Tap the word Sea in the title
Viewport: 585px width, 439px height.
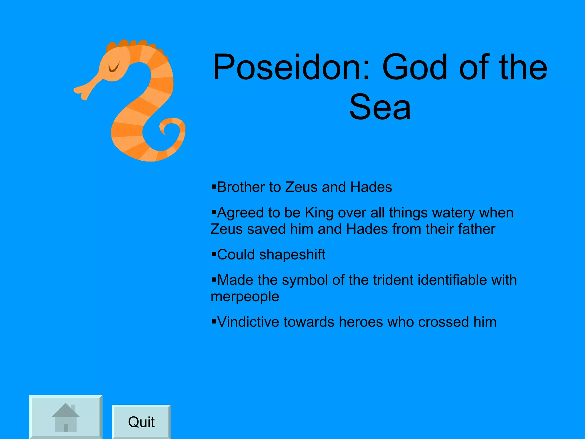[380, 107]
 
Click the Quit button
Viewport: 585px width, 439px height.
[141, 422]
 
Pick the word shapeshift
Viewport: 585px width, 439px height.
[292, 254]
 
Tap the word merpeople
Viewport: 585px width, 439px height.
[245, 296]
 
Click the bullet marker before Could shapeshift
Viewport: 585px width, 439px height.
[214, 254]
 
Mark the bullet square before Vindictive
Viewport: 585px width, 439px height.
[214, 322]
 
